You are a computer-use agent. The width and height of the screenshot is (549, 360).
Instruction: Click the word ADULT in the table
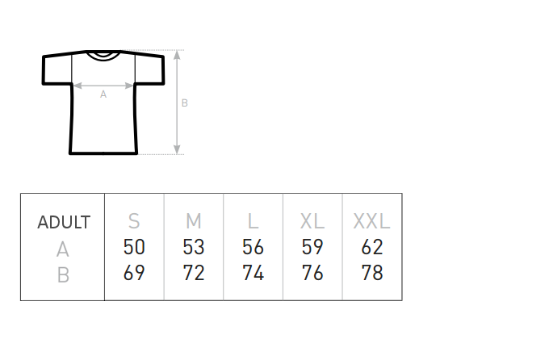(64, 222)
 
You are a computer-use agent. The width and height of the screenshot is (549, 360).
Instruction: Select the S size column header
(134, 221)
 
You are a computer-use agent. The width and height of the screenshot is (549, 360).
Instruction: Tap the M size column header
(194, 221)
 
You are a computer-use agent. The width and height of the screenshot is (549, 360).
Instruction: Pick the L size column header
(254, 221)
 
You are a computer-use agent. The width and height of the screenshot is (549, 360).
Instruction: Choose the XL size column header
(312, 221)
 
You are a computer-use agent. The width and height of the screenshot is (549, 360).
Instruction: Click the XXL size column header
(371, 221)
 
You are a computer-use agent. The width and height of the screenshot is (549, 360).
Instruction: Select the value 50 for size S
(134, 247)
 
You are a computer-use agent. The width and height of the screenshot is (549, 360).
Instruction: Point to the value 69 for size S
(134, 273)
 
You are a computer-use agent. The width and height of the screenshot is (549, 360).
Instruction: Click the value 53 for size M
(194, 247)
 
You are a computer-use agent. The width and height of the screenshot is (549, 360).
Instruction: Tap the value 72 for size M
(194, 273)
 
